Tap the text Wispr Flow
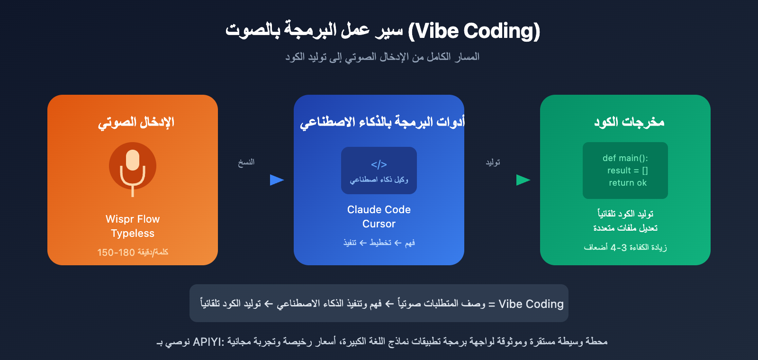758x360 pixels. [133, 219]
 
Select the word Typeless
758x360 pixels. [133, 234]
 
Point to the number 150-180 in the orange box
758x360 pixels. [116, 252]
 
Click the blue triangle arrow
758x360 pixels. [277, 180]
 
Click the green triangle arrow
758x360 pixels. [523, 180]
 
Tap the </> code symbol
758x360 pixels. [379, 164]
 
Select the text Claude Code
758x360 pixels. [379, 210]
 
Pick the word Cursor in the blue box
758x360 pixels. [379, 224]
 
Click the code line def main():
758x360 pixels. [625, 158]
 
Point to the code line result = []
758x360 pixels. [627, 171]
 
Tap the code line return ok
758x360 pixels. [627, 183]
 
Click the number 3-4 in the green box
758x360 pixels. [619, 248]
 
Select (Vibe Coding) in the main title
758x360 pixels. [474, 31]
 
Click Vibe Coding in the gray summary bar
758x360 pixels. [531, 304]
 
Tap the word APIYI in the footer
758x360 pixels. [207, 342]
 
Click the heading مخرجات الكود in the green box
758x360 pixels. [629, 122]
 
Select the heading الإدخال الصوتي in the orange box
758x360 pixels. [136, 122]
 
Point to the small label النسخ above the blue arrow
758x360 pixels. [246, 162]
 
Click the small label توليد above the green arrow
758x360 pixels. [493, 162]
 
